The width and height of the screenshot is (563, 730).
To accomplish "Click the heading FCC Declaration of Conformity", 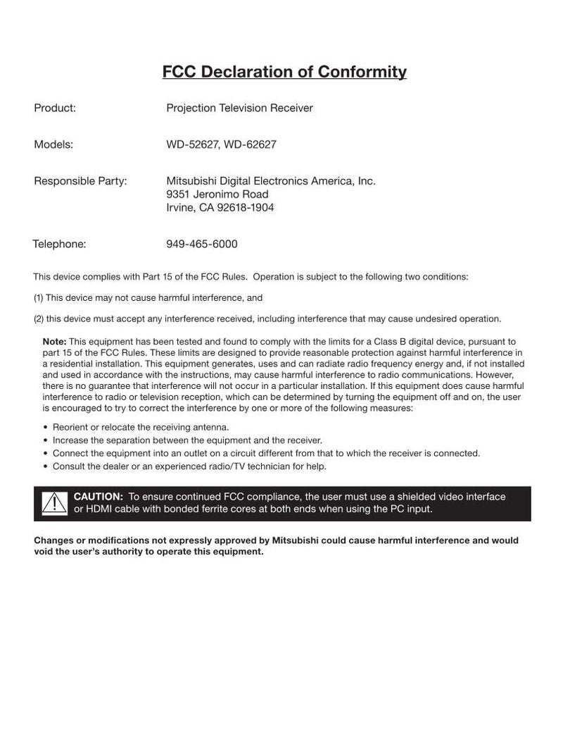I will coord(284,72).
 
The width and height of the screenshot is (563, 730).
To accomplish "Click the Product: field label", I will coord(55,108).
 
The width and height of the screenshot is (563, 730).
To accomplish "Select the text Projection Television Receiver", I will coord(239,108).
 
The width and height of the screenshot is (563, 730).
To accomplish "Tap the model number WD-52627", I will coord(192,144).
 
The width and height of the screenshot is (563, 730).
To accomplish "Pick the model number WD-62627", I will coord(250,144).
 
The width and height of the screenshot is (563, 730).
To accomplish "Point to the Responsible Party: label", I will coord(80,181).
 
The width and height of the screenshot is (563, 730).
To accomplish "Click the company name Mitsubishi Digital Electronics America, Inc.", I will coord(271,181).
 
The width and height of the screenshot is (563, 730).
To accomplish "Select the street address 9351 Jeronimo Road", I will coord(217,194).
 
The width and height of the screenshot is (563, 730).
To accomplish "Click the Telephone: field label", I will coord(59,244).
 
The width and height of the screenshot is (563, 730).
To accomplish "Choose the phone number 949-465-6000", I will coord(202,244).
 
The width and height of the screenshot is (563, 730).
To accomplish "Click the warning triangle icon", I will coord(53,503).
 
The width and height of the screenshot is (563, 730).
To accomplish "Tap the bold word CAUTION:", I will coord(99,497).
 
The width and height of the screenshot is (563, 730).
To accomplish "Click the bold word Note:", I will coord(54,341).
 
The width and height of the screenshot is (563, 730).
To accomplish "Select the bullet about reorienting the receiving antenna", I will coord(141,427).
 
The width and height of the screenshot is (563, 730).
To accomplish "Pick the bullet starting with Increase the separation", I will coord(187,440).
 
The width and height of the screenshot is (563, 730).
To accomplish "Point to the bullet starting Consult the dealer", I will coord(189,466).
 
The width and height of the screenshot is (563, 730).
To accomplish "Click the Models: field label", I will coord(53,144).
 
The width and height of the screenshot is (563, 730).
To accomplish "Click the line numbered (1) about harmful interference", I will coord(148,298).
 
